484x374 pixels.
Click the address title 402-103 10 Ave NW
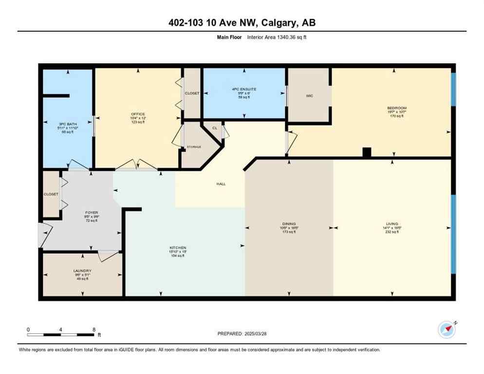[242, 23]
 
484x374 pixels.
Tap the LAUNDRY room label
[82, 271]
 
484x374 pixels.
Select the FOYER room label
[92, 213]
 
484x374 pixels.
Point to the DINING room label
[289, 224]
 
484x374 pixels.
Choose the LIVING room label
[392, 224]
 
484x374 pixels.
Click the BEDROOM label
[396, 108]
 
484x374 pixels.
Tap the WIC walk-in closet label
[309, 96]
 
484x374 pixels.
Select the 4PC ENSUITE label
[244, 89]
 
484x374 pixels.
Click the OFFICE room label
[138, 114]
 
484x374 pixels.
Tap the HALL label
[221, 184]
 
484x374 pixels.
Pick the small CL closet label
[214, 129]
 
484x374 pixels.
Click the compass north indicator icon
[447, 330]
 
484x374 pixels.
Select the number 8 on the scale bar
[93, 329]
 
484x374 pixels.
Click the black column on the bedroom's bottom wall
[367, 152]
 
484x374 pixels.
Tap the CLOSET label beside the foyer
[51, 194]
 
